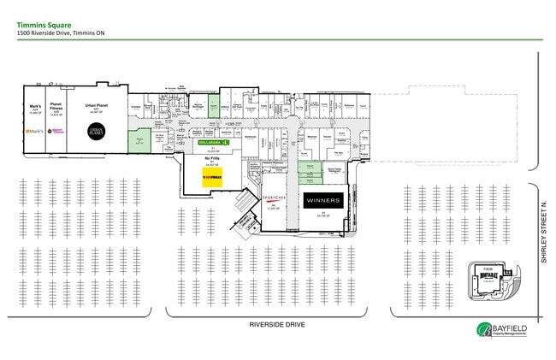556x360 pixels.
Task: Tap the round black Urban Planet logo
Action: [96, 131]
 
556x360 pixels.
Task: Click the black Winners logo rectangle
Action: [322, 201]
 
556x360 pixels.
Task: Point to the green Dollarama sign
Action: [210, 142]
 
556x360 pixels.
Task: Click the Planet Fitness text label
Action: [56, 107]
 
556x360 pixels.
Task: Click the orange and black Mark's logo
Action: [35, 132]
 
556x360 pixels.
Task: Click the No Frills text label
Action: [210, 158]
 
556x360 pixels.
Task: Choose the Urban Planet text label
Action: [96, 105]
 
